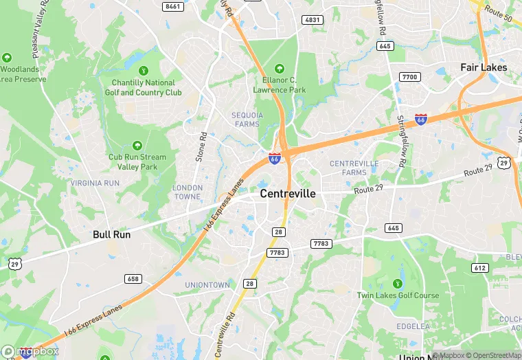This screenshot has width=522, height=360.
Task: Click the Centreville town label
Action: [x=288, y=194]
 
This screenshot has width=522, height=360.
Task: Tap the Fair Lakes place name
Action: [x=484, y=67]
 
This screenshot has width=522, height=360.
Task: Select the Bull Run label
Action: [x=111, y=234]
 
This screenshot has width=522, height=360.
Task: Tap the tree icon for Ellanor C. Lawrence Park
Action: [x=279, y=69]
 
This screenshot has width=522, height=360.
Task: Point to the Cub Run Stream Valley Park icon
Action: [x=137, y=145]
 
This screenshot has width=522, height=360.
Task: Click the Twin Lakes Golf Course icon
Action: [x=397, y=283]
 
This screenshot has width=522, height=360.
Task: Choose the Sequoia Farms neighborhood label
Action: [x=247, y=120]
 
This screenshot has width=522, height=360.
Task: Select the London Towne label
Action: [x=187, y=192]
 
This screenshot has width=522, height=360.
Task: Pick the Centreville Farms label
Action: [x=354, y=168]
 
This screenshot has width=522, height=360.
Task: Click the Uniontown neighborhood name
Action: [x=207, y=284]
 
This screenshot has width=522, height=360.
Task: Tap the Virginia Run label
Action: [x=95, y=183]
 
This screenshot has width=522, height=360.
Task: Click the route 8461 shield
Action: [x=173, y=6]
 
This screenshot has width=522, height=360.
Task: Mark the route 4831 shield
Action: [x=313, y=20]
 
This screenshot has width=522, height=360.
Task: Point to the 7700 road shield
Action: [x=409, y=76]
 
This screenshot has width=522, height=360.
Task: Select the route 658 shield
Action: [x=133, y=278]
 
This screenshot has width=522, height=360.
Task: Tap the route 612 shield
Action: [x=479, y=267]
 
